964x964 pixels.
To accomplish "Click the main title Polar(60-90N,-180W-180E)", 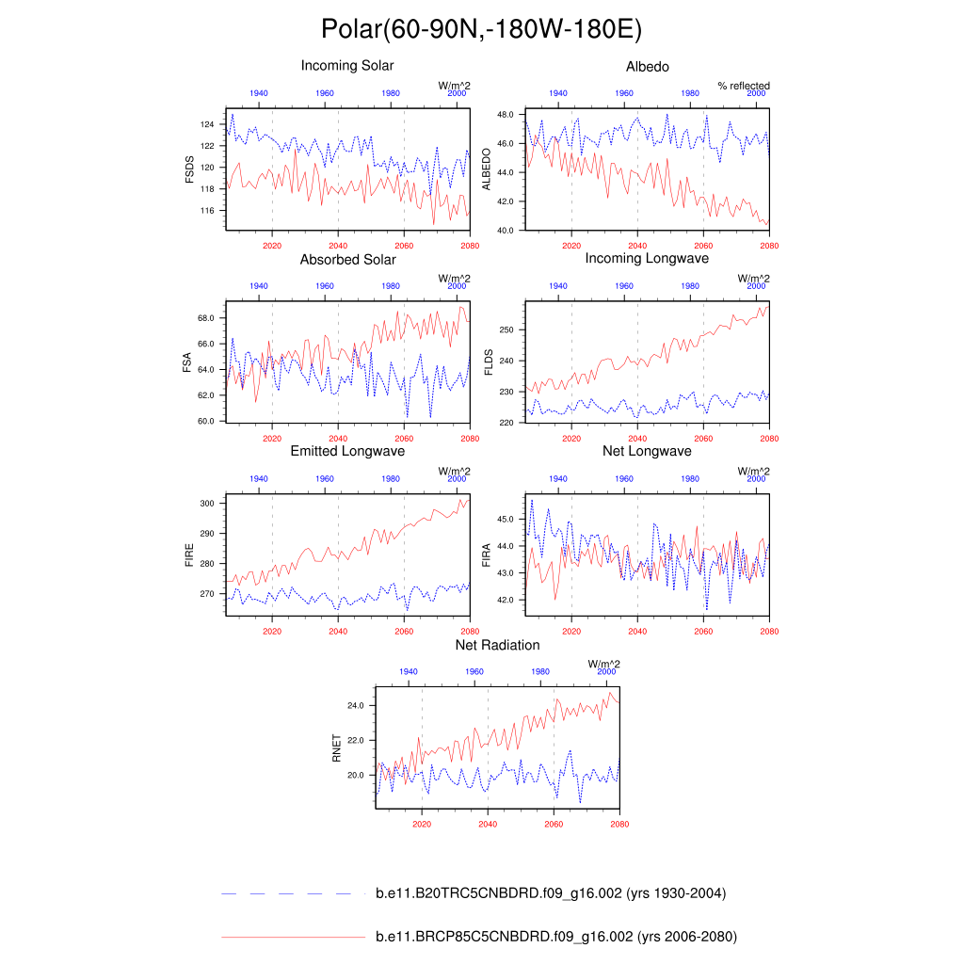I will point(481,29).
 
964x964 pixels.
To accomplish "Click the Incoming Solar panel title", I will point(347,66).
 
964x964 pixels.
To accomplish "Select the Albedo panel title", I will point(648,67).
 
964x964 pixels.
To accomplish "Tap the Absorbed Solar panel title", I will point(347,259).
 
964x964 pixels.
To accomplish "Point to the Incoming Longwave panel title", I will point(647,258).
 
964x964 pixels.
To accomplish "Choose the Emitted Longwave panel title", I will point(347,452).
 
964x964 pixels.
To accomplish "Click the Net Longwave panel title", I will point(647,451).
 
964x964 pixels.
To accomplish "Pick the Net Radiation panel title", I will point(497,645).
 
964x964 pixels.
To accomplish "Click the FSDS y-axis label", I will point(189,170).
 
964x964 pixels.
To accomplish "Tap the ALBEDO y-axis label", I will point(488,170).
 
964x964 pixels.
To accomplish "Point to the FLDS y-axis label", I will point(488,363).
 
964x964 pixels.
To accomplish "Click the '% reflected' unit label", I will point(743,86).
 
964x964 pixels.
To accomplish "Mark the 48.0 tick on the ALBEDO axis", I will point(505,114).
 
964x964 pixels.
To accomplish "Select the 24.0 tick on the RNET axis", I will point(356,704).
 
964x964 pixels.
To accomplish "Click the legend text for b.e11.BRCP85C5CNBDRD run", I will point(555,938).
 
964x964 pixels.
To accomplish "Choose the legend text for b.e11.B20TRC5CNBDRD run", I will point(550,893).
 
